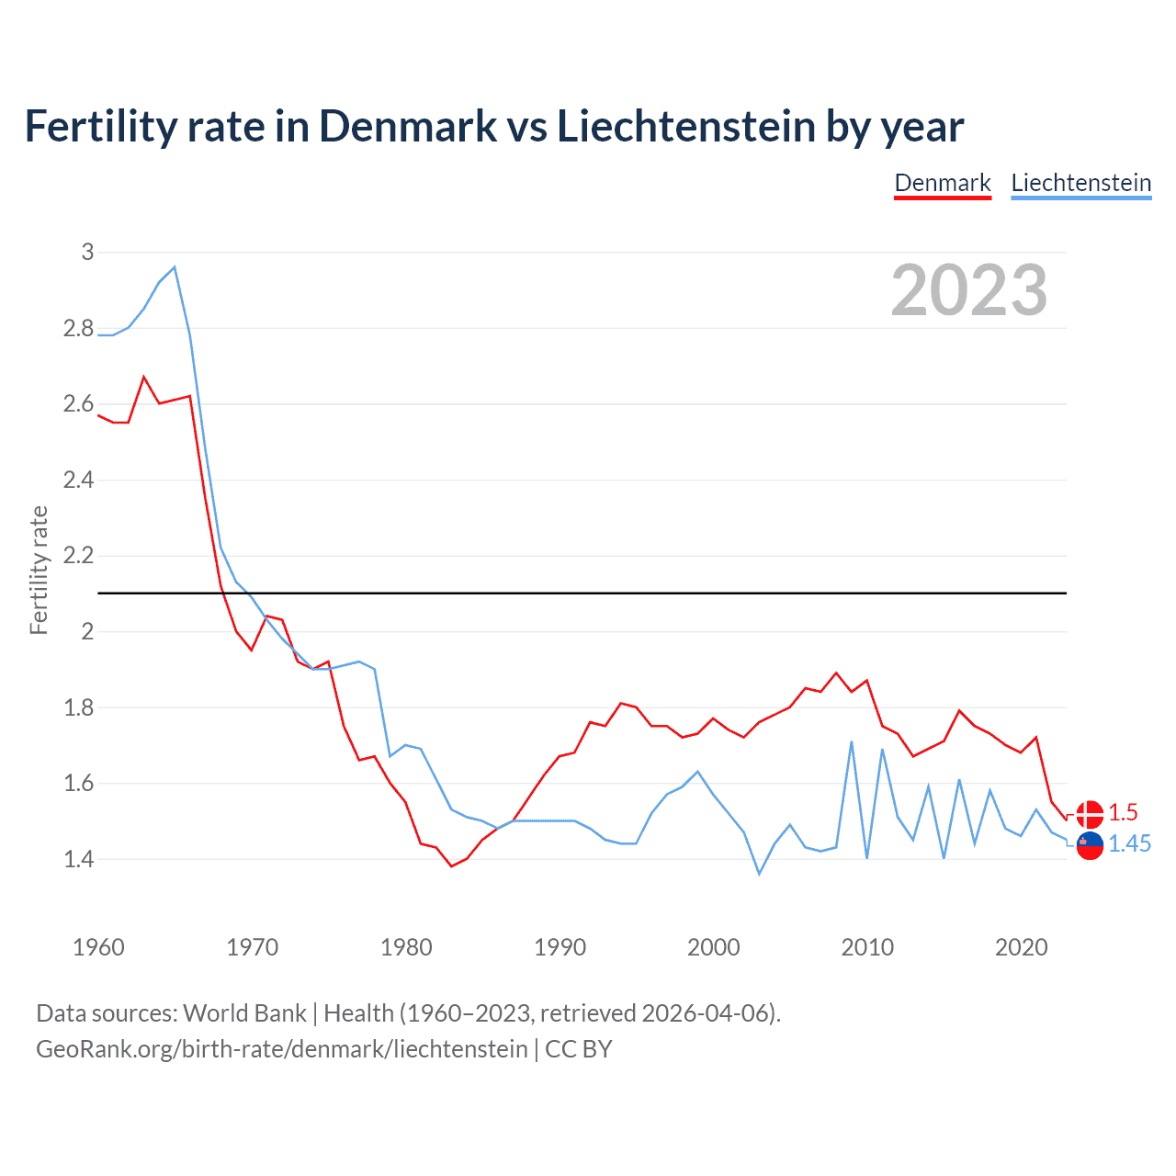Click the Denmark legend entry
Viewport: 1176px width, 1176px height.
(x=943, y=183)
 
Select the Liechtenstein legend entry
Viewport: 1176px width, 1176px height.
(x=1080, y=183)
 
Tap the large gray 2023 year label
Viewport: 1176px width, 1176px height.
(x=969, y=291)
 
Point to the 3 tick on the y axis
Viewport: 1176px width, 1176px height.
(x=87, y=252)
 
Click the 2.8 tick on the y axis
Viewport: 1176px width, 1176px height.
(x=78, y=328)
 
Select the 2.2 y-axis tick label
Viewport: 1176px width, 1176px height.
(x=78, y=556)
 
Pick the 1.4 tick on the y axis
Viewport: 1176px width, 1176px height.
(x=78, y=860)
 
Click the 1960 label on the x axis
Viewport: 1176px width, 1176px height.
(x=98, y=947)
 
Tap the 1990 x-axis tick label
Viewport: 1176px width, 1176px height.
(x=560, y=947)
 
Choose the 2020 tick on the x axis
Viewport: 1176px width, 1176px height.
(x=1021, y=947)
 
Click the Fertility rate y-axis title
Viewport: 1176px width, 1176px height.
(x=39, y=570)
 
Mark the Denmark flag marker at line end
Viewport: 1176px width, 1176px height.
(x=1090, y=814)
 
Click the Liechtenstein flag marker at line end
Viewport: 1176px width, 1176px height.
(x=1090, y=845)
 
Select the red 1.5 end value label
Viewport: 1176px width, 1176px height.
(x=1123, y=813)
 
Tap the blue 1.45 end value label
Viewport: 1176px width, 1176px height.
(x=1129, y=844)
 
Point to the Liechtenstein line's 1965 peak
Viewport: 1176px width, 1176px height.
(x=175, y=267)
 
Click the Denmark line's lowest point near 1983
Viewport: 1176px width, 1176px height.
(x=451, y=865)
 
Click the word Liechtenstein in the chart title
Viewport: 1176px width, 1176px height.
(x=686, y=126)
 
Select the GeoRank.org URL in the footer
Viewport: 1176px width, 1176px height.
(x=281, y=1049)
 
